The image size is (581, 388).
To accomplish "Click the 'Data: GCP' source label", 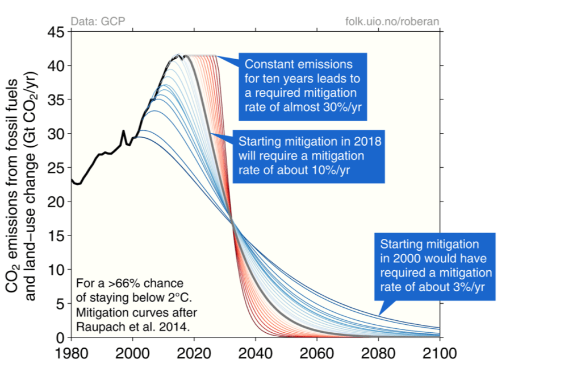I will click(x=98, y=22).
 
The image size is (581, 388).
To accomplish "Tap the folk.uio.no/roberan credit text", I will click(x=392, y=22).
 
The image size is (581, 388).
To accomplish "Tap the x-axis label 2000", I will click(x=132, y=353).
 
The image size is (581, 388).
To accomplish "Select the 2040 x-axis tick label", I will click(x=256, y=353).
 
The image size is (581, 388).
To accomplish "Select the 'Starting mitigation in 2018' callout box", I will click(x=310, y=156).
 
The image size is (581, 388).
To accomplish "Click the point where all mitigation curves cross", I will click(x=232, y=222).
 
